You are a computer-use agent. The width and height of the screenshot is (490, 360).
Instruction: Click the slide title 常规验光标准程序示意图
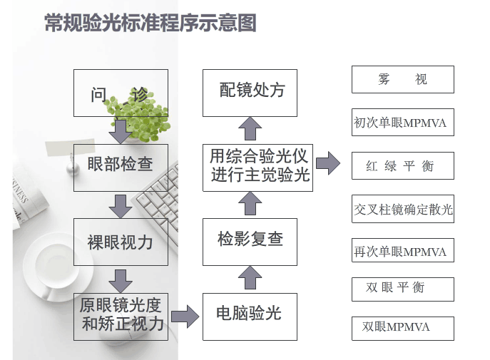(150, 24)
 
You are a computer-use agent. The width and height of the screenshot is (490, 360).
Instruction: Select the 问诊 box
(121, 93)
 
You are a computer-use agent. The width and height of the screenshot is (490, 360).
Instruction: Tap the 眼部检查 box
(121, 164)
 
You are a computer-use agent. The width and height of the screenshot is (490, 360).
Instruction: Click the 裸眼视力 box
(121, 242)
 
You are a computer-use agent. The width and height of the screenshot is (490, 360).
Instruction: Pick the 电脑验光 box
(249, 313)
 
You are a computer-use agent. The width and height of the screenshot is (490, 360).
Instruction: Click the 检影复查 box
(250, 239)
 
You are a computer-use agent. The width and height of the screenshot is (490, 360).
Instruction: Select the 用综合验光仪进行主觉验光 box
(260, 165)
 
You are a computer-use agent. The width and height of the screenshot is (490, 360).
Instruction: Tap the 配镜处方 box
(250, 92)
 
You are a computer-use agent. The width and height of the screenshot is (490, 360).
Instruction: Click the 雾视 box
(402, 79)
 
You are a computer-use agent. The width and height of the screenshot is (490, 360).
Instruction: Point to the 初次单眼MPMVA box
(402, 123)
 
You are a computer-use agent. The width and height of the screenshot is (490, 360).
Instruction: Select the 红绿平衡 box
(402, 166)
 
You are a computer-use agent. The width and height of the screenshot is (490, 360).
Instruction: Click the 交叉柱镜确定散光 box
(402, 210)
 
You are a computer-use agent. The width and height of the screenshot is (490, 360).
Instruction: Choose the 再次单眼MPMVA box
(402, 252)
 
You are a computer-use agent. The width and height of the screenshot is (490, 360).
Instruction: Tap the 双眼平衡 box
(402, 287)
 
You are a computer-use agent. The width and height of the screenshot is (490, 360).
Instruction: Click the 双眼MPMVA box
(402, 327)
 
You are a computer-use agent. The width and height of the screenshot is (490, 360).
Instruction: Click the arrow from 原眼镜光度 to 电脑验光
(185, 314)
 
